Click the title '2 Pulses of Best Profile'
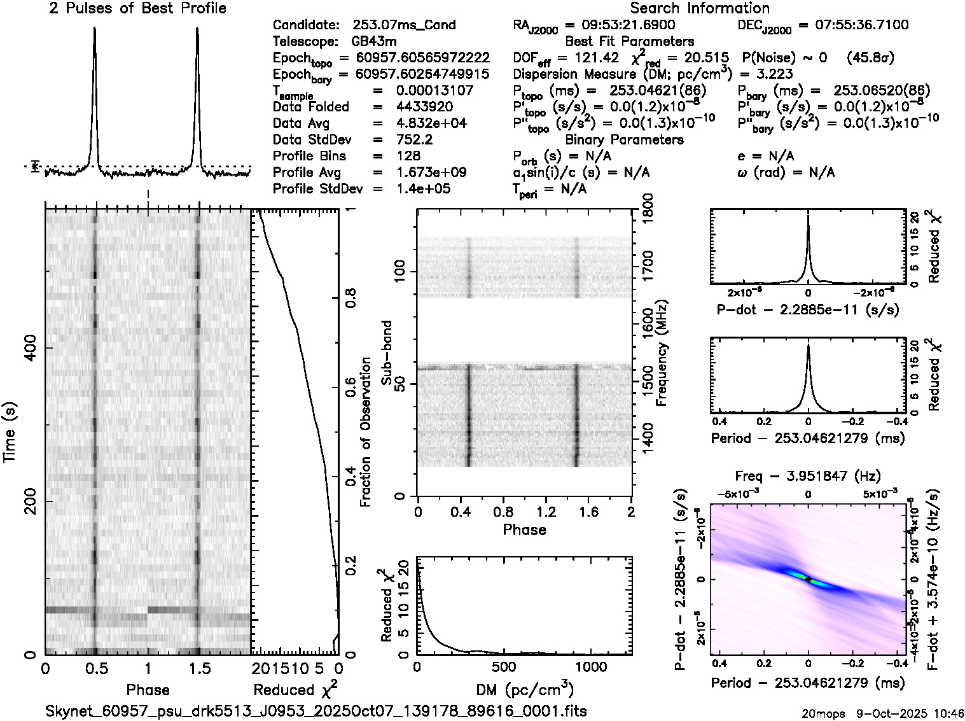tap(137, 8)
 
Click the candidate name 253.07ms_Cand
tap(404, 25)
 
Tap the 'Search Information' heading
tap(700, 8)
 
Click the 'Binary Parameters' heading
tap(625, 139)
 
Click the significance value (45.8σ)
tap(871, 58)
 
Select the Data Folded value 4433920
tap(424, 107)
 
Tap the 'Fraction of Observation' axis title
tap(365, 432)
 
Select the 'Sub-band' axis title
tap(387, 353)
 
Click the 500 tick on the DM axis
tap(504, 666)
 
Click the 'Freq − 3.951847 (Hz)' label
tap(808, 476)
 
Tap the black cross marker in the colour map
tap(808, 580)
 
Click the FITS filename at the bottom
tap(316, 711)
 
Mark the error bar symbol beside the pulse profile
tap(36, 166)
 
